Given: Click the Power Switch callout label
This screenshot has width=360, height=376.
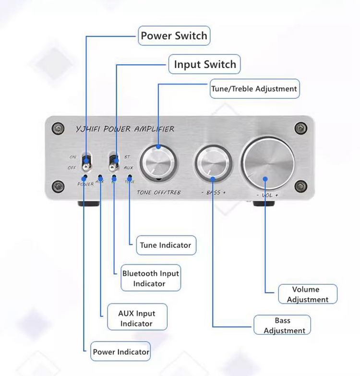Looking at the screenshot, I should tap(174, 36).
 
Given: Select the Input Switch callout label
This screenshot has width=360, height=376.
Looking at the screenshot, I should tap(204, 64).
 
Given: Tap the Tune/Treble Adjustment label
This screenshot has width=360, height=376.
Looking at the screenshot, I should tap(254, 89).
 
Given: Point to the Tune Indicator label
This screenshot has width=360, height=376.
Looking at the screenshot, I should tap(165, 245).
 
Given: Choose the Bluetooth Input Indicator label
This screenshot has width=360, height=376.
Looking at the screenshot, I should tap(150, 279).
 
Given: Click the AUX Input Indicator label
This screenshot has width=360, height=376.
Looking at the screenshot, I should tap(136, 318).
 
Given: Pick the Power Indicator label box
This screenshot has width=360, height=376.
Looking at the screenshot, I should tap(121, 352).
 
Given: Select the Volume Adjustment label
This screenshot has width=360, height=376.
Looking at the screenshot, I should tap(308, 294).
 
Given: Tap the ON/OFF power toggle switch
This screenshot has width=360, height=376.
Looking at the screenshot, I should tap(87, 162).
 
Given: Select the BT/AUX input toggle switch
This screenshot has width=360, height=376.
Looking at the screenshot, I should tap(114, 162).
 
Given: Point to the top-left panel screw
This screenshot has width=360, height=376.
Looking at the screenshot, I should tap(59, 128).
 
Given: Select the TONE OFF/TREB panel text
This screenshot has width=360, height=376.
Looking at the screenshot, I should tap(158, 193).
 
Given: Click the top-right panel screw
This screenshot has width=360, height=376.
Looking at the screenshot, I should tap(301, 128).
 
